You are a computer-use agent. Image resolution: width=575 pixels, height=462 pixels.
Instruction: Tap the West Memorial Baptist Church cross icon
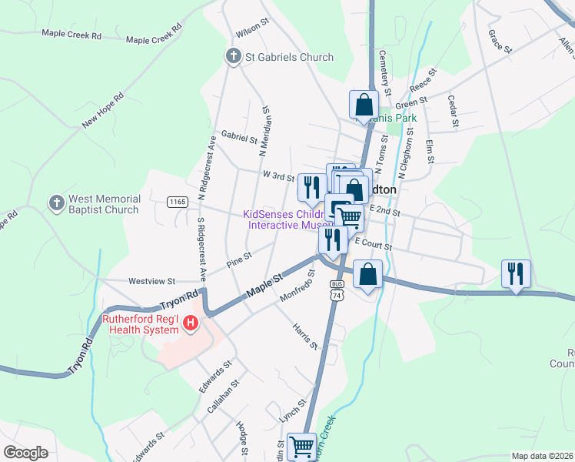(55, 203)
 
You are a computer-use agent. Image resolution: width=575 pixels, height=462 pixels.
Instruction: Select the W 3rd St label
(279, 176)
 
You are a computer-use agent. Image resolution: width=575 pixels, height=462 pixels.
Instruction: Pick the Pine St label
(239, 260)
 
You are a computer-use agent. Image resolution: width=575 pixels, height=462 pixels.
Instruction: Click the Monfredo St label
(295, 284)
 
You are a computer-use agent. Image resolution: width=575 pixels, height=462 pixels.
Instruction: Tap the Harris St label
(304, 336)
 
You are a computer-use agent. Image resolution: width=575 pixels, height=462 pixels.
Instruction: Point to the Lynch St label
(293, 409)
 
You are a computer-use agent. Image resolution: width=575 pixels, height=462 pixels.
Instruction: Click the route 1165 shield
(178, 202)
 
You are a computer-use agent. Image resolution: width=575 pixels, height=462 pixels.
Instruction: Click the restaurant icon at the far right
(514, 273)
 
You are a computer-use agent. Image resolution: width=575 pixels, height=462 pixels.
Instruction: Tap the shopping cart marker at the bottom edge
(301, 446)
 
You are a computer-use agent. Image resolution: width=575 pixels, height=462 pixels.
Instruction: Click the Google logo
(25, 453)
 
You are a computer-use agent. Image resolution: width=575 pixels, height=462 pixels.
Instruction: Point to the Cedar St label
(454, 112)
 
